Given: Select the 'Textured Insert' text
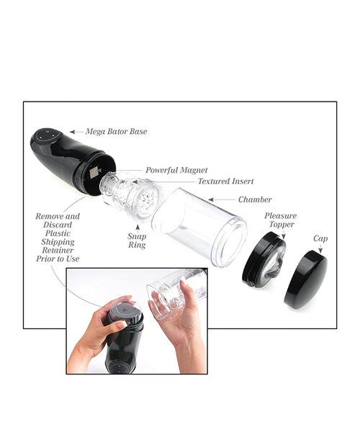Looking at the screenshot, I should point(225,181).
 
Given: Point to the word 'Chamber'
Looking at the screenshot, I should point(254,199).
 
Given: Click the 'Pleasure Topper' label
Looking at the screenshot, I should point(280,220).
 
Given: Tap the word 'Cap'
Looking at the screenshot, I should point(320,238).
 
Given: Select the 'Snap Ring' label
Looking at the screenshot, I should point(137,241).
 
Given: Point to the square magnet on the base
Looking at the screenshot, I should point(94,173).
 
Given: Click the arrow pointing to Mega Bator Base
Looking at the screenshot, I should point(76,132).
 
